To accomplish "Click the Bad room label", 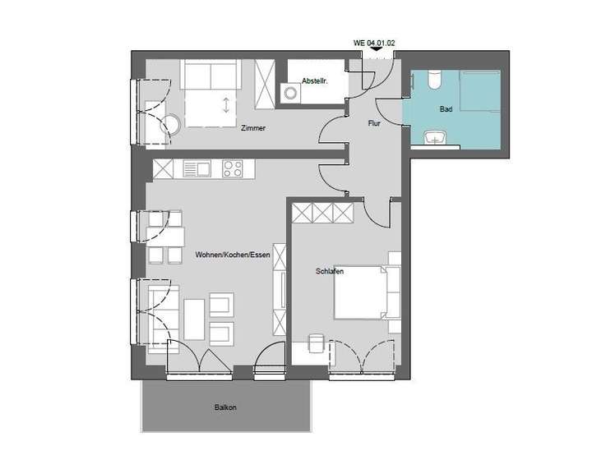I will [x=446, y=108].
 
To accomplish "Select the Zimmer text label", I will [x=253, y=128].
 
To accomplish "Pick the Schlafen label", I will [x=329, y=271].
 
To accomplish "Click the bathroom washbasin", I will [x=433, y=137].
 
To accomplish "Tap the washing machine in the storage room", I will [x=290, y=93].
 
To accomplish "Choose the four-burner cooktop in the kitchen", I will [x=232, y=169].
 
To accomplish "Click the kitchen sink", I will [x=197, y=169].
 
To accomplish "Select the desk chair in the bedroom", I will [x=315, y=342].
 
